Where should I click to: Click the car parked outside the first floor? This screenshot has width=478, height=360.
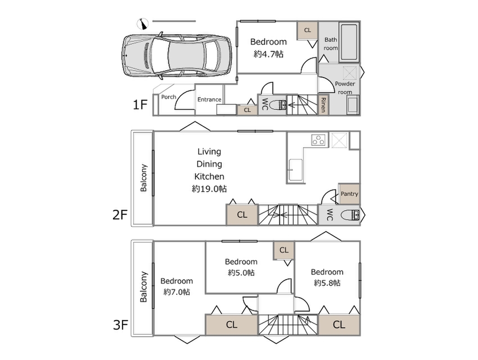click(x=178, y=56)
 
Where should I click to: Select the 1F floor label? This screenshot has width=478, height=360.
click(x=140, y=105)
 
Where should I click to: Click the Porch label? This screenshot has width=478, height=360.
click(x=169, y=97)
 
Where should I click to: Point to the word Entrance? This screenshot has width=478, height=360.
click(x=209, y=99)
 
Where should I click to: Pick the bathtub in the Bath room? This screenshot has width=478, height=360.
click(x=349, y=42)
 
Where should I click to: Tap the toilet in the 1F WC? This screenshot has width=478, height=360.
click(x=281, y=105)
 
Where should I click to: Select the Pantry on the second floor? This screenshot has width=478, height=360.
click(x=349, y=194)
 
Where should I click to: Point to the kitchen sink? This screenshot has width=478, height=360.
click(x=295, y=170)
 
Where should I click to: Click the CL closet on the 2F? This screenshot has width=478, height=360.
click(x=242, y=215)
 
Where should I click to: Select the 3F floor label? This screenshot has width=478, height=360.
click(x=120, y=325)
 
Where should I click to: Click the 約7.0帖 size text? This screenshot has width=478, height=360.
click(x=177, y=292)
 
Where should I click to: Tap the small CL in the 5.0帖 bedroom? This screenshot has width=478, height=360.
click(x=284, y=250)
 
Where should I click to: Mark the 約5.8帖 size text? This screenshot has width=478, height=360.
click(x=327, y=283)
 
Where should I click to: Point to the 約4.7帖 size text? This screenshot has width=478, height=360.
click(x=268, y=54)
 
